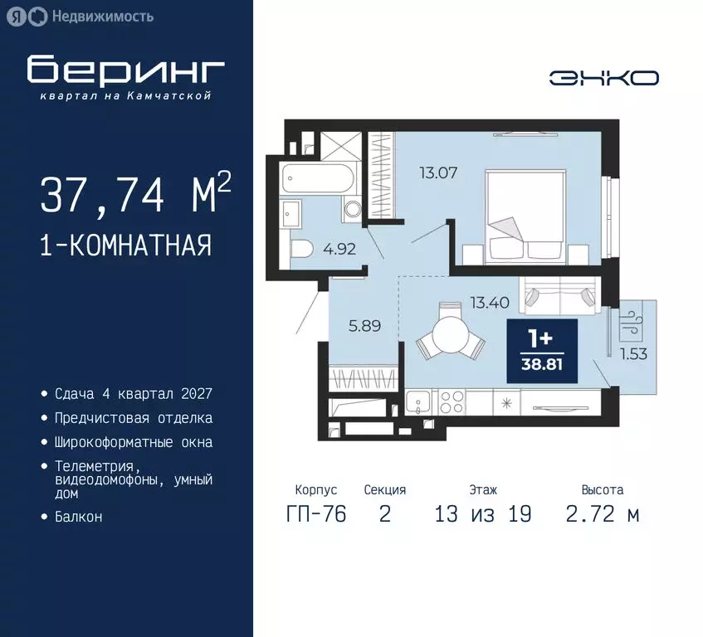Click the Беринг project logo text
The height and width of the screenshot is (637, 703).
pyautogui.click(x=126, y=71)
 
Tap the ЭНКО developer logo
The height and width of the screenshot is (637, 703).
pyautogui.click(x=603, y=78)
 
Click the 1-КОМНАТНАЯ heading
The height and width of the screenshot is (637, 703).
pyautogui.click(x=125, y=246)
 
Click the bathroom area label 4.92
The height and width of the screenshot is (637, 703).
pyautogui.click(x=339, y=247)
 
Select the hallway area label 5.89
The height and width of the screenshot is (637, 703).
pyautogui.click(x=364, y=326)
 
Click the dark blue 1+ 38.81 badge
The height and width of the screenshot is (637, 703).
pyautogui.click(x=541, y=351)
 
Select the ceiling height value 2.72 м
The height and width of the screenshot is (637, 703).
pyautogui.click(x=603, y=514)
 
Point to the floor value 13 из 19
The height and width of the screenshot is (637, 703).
pyautogui.click(x=482, y=514)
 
